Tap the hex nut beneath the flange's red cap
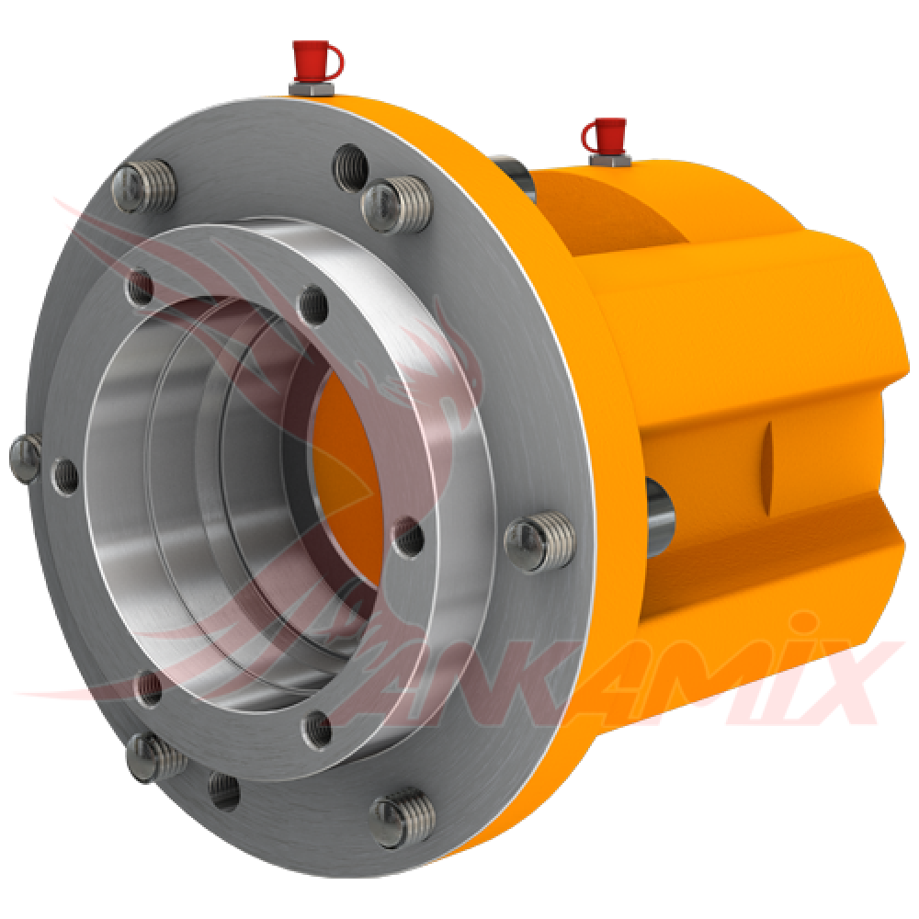pos(310,88)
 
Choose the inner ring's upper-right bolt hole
pos(313,302)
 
